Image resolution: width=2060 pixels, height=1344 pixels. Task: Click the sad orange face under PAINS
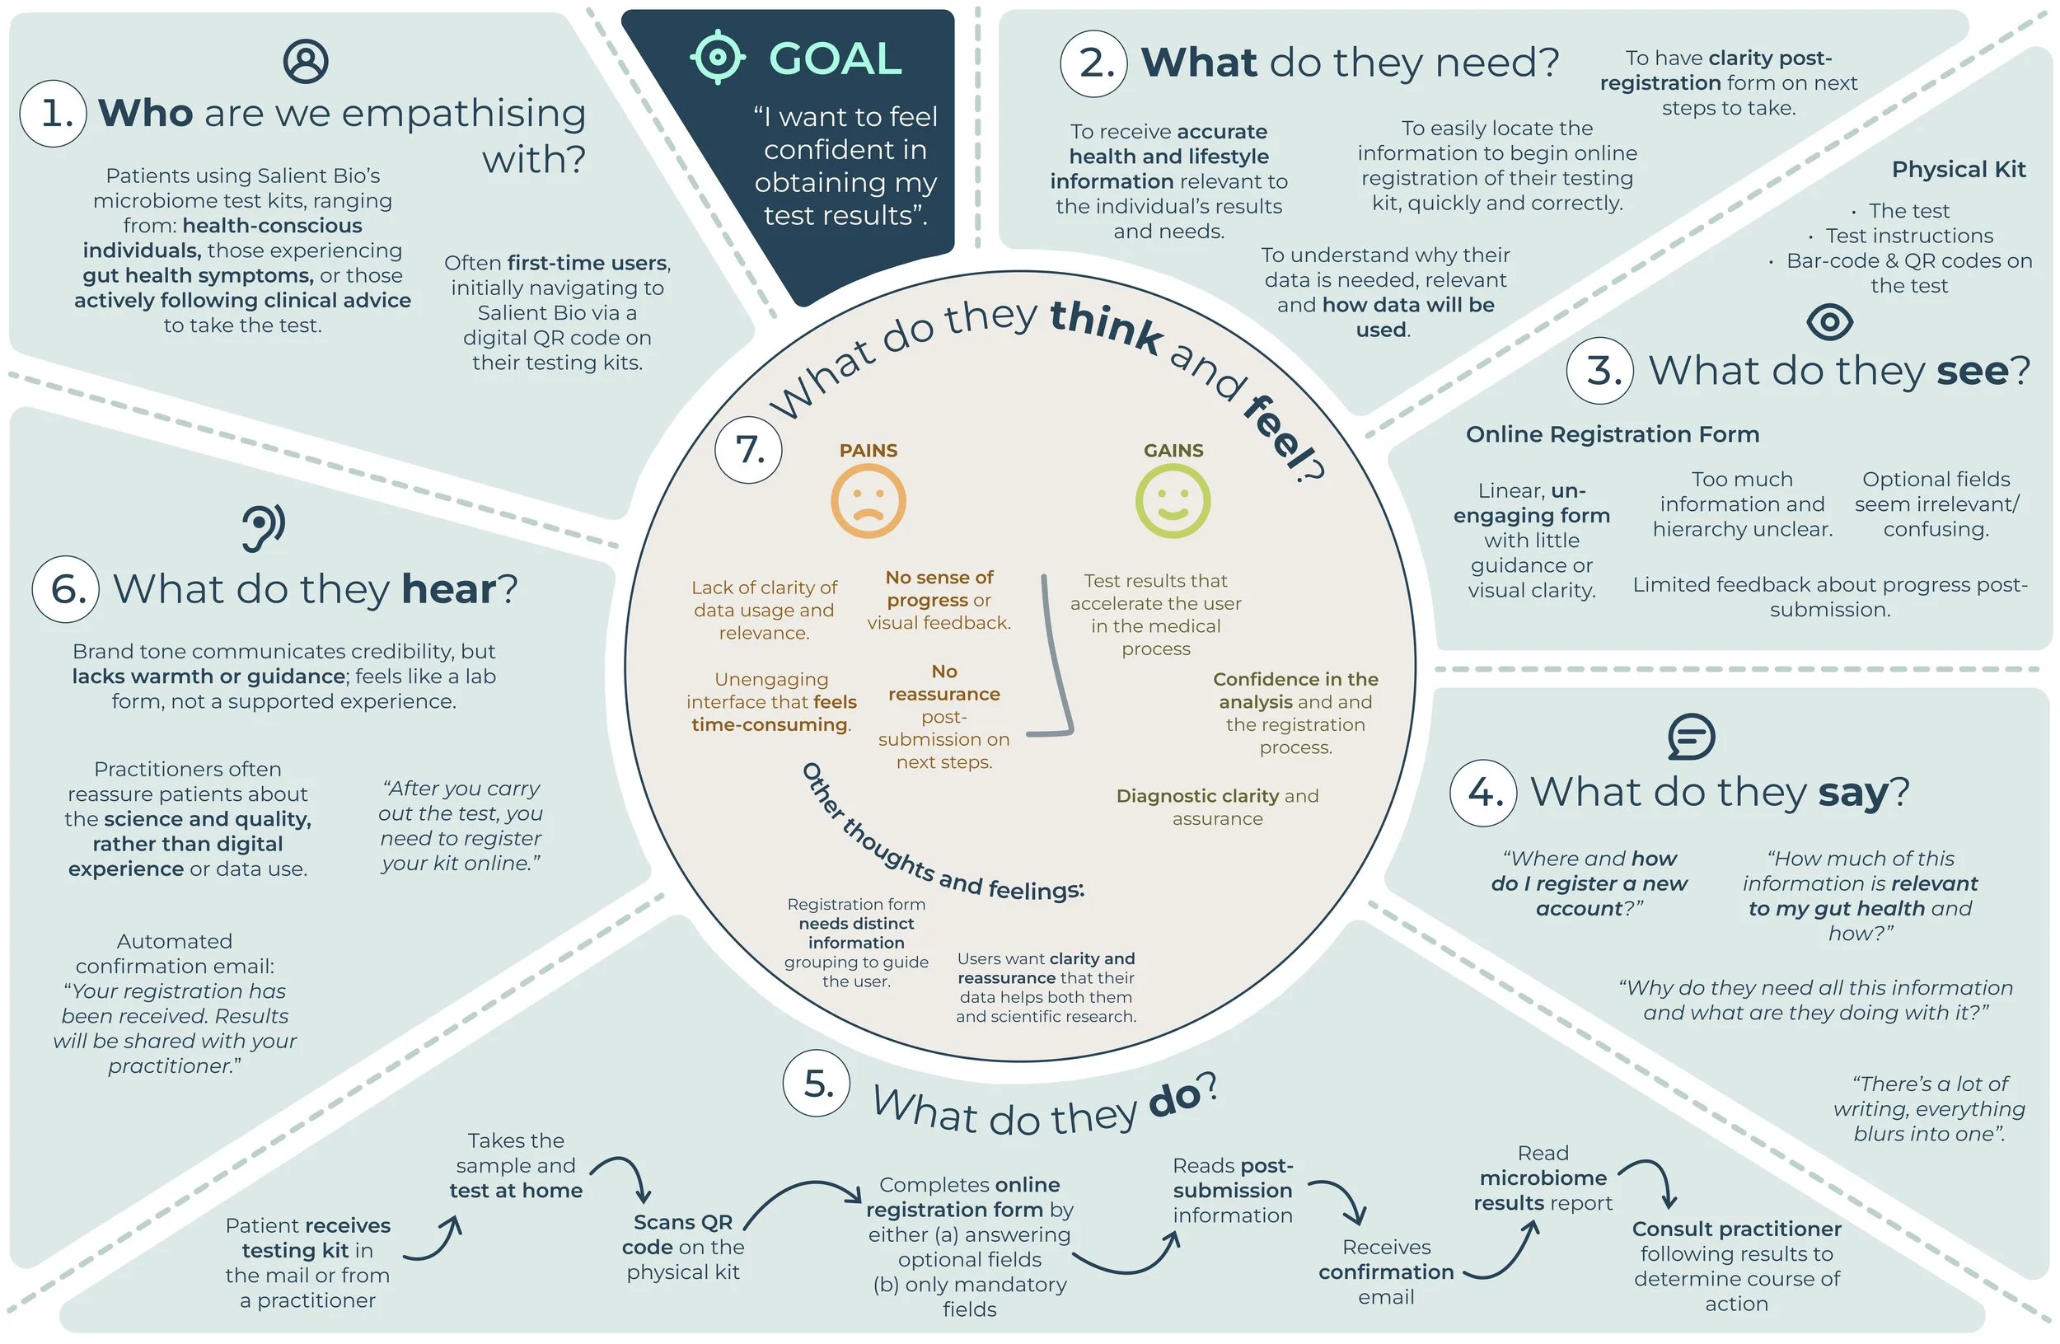pyautogui.click(x=868, y=502)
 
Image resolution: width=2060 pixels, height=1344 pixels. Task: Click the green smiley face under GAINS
pyautogui.click(x=1173, y=502)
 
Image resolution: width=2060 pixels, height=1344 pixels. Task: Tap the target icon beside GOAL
pyautogui.click(x=718, y=57)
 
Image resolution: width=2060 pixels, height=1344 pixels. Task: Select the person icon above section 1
pyautogui.click(x=306, y=61)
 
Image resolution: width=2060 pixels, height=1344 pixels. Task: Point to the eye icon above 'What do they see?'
pyautogui.click(x=1830, y=322)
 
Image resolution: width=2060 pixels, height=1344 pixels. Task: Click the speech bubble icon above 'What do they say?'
pyautogui.click(x=1690, y=737)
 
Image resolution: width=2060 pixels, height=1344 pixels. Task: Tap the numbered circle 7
pyautogui.click(x=749, y=450)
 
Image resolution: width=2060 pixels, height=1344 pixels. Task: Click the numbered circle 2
pyautogui.click(x=1094, y=63)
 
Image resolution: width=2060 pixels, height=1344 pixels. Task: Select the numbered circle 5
pyautogui.click(x=817, y=1084)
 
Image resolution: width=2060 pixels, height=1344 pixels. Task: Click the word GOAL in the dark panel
pyautogui.click(x=836, y=59)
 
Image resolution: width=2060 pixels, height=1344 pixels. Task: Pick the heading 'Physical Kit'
pyautogui.click(x=1958, y=169)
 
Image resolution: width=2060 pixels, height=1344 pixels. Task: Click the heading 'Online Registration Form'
pyautogui.click(x=1612, y=433)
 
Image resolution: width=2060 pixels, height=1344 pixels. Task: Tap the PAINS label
pyautogui.click(x=868, y=450)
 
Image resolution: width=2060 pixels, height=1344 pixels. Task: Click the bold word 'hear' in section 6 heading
pyautogui.click(x=448, y=589)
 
